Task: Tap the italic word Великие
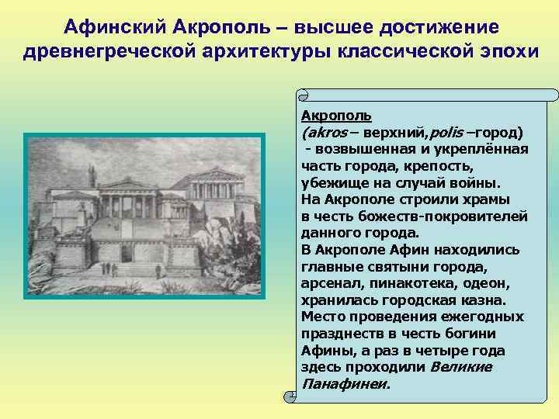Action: (461, 366)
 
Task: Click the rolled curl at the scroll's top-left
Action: (304, 95)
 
